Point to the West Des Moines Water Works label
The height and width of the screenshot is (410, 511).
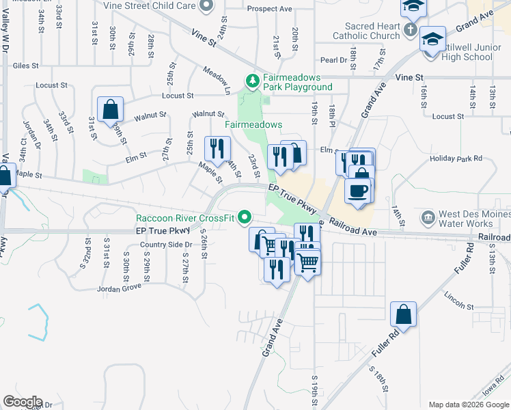click(x=475, y=219)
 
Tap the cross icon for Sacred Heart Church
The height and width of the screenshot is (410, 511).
click(x=409, y=29)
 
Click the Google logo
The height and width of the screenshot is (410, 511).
click(x=22, y=402)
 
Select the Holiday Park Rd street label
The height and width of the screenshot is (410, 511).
click(x=456, y=159)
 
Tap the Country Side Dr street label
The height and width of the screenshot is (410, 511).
click(x=165, y=245)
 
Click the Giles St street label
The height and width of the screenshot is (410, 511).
click(x=25, y=66)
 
